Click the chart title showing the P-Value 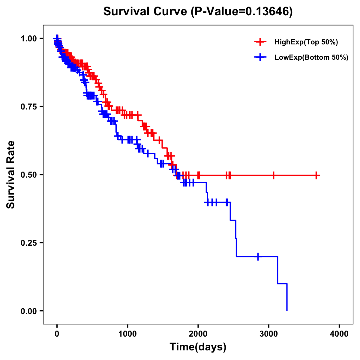198,11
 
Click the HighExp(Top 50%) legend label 306,42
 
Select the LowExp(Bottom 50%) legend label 311,58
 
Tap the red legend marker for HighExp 260,42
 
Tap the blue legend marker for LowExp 260,57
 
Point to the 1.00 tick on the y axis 29,38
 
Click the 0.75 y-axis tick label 29,106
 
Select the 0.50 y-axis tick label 29,175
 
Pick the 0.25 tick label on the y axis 29,243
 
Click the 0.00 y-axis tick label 29,311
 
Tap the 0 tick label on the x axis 57,334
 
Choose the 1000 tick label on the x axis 127,334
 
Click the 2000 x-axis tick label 198,334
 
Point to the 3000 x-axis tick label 269,334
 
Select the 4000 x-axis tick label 339,334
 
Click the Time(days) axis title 198,347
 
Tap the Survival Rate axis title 11,175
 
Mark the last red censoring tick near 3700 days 316,175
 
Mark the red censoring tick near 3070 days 273,175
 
